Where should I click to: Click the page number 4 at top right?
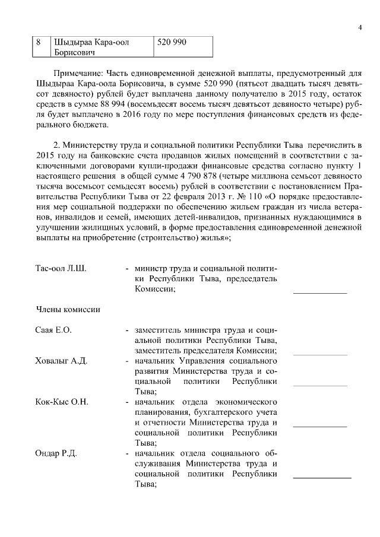click(x=360, y=27)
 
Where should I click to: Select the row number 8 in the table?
click(x=39, y=43)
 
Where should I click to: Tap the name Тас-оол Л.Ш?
click(x=61, y=268)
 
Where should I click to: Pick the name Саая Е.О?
click(x=53, y=330)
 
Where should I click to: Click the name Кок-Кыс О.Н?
click(x=62, y=402)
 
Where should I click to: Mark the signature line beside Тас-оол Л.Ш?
click(x=320, y=293)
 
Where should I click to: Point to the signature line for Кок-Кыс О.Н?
click(x=320, y=427)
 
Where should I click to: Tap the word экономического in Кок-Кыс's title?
click(x=237, y=402)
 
